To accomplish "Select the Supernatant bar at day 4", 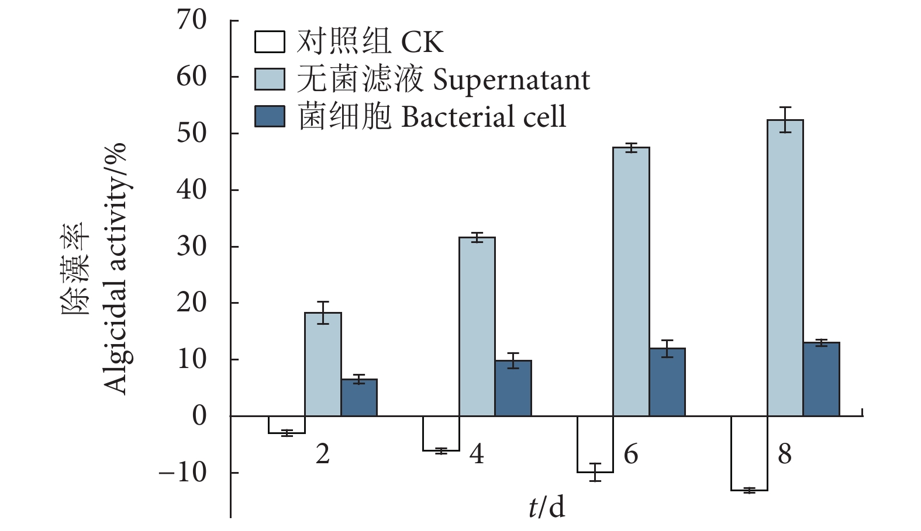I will click(x=477, y=327).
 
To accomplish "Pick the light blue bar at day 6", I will click(x=631, y=282).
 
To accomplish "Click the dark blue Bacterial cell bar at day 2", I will click(x=359, y=397).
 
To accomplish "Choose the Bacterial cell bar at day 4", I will click(x=513, y=388).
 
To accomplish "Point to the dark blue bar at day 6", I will click(x=667, y=382).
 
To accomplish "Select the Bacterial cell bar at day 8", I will click(x=821, y=379).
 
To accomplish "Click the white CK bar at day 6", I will click(x=595, y=444).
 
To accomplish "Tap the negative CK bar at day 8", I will click(x=749, y=453).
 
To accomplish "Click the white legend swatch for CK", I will click(x=270, y=42).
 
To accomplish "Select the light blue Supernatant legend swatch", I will click(x=270, y=79).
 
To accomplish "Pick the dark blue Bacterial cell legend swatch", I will click(x=270, y=116).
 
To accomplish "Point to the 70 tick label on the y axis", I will click(x=192, y=20).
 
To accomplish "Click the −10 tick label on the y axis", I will click(x=182, y=472).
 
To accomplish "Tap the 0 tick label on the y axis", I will click(x=199, y=416).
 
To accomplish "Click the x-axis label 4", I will click(x=477, y=454).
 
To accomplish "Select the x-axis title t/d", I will click(x=547, y=506).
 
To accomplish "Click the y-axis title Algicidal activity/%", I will click(x=115, y=269).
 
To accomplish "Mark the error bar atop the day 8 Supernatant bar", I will click(x=785, y=120).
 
